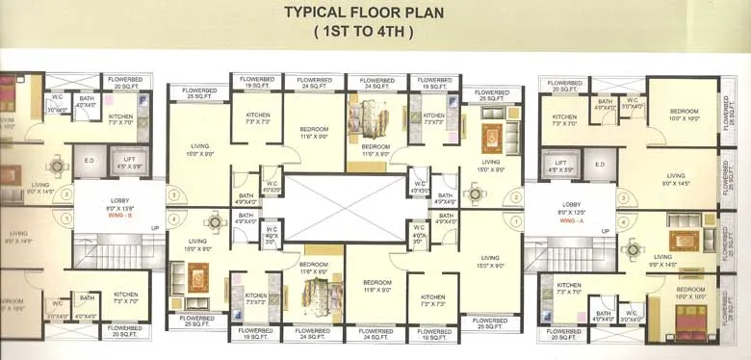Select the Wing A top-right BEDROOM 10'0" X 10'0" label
pyautogui.click(x=685, y=115)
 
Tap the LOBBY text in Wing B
pyautogui.click(x=114, y=198)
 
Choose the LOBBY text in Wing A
pyautogui.click(x=572, y=203)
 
